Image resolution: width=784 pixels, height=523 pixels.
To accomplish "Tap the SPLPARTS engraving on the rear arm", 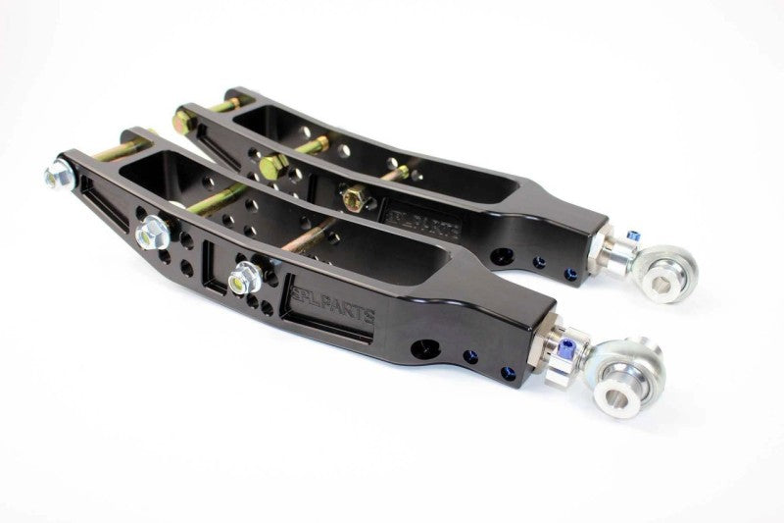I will pyautogui.click(x=433, y=217).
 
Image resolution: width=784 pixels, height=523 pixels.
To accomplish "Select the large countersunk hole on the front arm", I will pyautogui.click(x=425, y=347).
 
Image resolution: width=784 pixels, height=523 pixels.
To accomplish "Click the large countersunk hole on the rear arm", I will pyautogui.click(x=502, y=256).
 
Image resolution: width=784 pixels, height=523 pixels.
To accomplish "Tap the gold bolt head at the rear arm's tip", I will pyautogui.click(x=183, y=122).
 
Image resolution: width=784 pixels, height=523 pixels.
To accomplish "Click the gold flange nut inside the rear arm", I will pyautogui.click(x=352, y=196).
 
